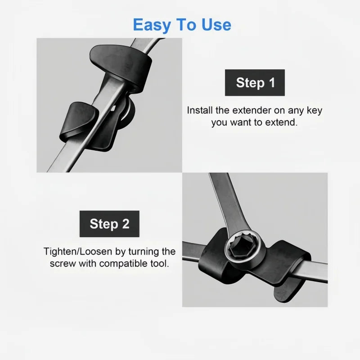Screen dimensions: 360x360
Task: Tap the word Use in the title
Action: (x=216, y=25)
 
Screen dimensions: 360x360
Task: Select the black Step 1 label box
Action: (x=255, y=83)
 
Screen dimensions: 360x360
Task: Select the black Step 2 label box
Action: (x=109, y=224)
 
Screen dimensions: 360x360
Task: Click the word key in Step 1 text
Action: (x=315, y=111)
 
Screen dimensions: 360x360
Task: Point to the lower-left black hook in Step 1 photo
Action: (x=78, y=121)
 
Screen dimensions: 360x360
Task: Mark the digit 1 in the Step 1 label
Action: (x=272, y=83)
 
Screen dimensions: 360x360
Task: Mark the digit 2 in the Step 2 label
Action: (x=126, y=224)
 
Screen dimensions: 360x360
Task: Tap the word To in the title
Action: (x=187, y=25)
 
